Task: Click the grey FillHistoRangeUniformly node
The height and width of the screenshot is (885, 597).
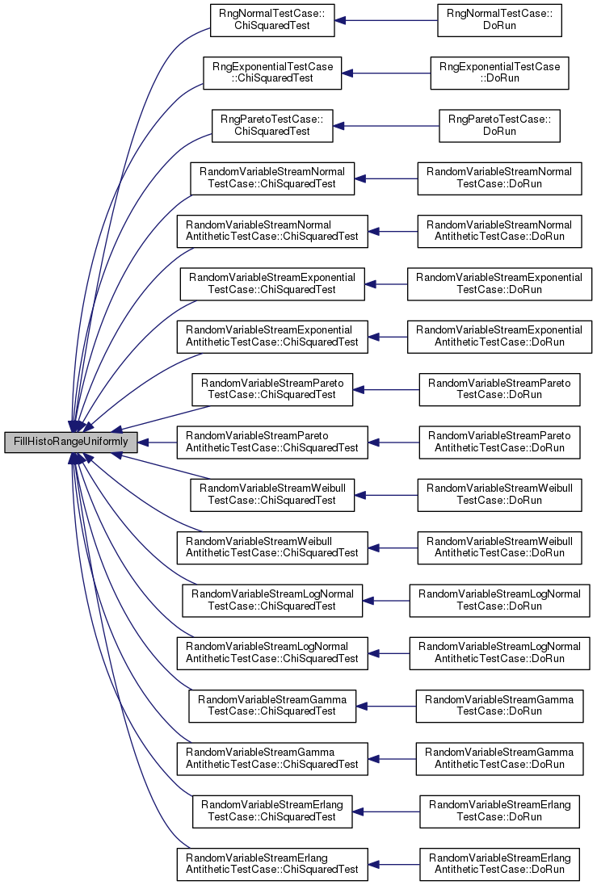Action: (70, 442)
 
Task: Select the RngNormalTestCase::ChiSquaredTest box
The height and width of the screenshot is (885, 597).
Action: (272, 20)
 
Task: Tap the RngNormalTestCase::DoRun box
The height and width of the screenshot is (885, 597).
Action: (499, 20)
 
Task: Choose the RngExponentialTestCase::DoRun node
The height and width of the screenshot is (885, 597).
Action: (499, 73)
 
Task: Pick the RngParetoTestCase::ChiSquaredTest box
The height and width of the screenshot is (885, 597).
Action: (272, 126)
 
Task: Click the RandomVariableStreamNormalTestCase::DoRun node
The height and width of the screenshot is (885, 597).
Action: (499, 178)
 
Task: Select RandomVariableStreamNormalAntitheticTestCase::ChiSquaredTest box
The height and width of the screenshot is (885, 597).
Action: (272, 232)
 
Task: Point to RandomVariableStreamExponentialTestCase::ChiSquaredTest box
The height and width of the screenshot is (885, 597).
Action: (272, 284)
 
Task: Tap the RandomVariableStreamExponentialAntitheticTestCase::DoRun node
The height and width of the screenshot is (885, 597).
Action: (499, 337)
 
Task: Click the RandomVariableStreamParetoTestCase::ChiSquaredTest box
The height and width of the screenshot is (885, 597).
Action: (272, 389)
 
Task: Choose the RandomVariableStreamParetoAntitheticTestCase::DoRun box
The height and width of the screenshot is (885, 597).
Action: (499, 442)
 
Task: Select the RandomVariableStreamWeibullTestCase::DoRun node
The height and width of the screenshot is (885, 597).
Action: (499, 495)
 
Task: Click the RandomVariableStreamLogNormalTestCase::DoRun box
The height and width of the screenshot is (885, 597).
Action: (499, 601)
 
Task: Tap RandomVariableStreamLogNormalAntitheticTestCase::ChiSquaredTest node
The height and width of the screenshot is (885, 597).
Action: (272, 653)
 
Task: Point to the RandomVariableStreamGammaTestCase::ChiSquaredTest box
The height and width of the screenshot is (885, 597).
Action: (272, 706)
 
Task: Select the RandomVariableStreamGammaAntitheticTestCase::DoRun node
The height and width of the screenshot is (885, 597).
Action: (499, 759)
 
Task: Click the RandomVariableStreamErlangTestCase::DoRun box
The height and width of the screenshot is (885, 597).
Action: (499, 812)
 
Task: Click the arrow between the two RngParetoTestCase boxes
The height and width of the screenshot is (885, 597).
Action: (386, 126)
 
